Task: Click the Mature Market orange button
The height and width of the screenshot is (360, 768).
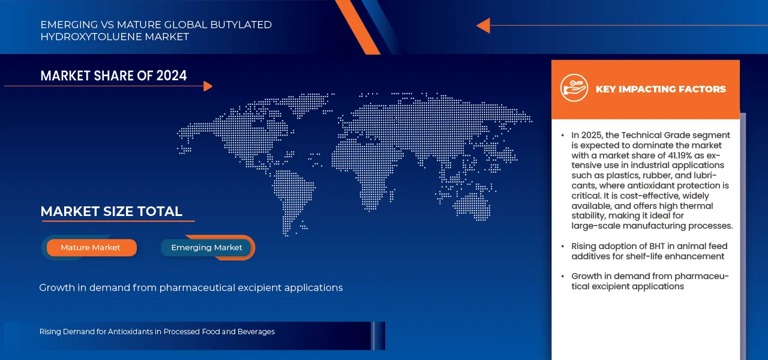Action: tap(91, 248)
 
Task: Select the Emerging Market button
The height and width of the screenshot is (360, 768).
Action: tap(206, 248)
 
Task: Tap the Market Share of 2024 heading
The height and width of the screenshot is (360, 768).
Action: tap(113, 76)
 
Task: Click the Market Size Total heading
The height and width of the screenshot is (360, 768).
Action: tap(111, 211)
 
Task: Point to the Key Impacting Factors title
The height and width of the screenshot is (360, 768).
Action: tap(660, 89)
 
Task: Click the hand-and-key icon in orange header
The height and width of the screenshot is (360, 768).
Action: tap(574, 88)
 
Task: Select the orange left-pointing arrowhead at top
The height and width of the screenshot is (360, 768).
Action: tap(483, 26)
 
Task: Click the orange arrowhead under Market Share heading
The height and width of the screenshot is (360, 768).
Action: tap(208, 86)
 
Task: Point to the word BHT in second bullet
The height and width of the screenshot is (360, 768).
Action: tap(655, 246)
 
